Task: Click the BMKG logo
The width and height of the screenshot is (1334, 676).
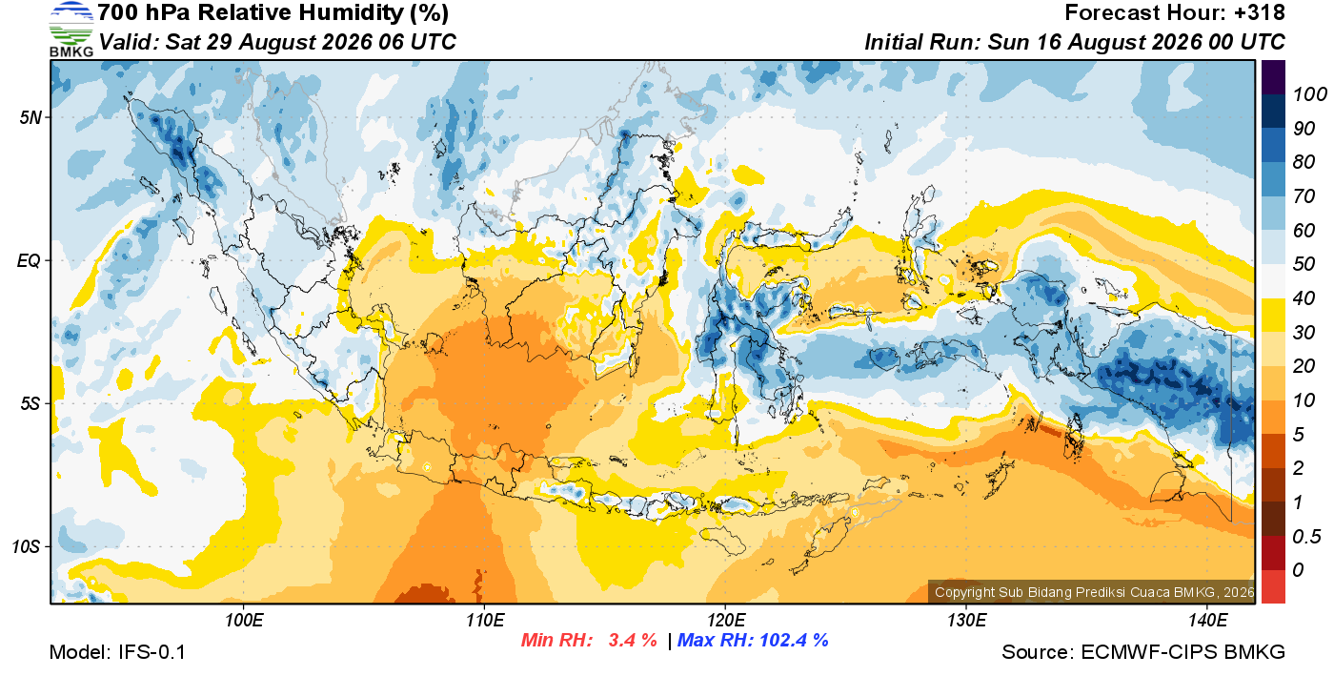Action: [x=71, y=30]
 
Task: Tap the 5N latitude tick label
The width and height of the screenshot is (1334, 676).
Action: [x=30, y=117]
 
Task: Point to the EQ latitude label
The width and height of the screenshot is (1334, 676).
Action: [x=29, y=261]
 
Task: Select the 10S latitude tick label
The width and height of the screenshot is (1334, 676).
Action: [x=26, y=546]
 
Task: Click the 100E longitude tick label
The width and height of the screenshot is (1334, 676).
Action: [x=244, y=621]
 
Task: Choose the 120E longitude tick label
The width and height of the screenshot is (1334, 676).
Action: [x=726, y=621]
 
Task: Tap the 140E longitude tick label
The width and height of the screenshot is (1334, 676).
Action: [x=1208, y=621]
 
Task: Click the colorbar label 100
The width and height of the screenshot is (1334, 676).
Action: [x=1309, y=94]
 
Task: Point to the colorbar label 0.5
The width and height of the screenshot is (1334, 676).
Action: [x=1306, y=537]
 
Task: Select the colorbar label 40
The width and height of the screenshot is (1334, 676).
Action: [x=1304, y=298]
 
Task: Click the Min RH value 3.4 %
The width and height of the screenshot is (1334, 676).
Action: [x=633, y=640]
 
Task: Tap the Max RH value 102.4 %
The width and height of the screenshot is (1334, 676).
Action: [x=794, y=640]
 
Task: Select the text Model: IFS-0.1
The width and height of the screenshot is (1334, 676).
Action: [x=117, y=652]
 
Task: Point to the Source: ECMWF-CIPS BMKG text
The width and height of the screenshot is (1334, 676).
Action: [x=1142, y=652]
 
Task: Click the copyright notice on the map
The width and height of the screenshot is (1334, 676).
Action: [x=1094, y=592]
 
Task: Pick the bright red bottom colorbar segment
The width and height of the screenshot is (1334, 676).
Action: [x=1273, y=586]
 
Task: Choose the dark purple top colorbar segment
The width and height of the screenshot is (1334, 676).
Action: [x=1273, y=77]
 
